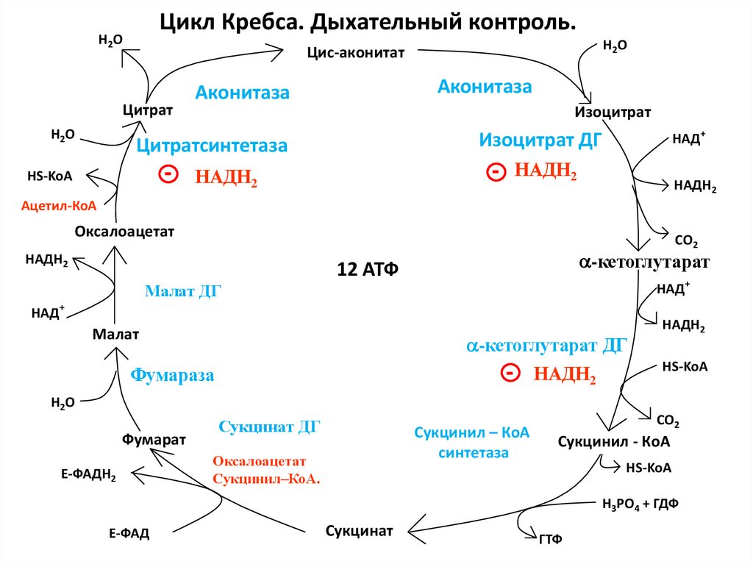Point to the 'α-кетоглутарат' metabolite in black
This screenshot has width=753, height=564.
[x=643, y=263]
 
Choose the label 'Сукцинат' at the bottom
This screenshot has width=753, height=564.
[x=359, y=530]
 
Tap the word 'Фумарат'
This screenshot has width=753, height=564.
[x=154, y=439]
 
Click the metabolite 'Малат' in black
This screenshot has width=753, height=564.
[x=115, y=335]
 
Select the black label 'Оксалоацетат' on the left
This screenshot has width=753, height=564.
[x=124, y=232]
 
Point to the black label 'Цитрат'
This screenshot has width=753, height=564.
[x=147, y=110]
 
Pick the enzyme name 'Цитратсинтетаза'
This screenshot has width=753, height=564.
[x=212, y=146]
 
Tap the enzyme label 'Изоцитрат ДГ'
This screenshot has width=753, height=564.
[x=536, y=140]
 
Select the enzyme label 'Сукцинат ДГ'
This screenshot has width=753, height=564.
[x=270, y=426]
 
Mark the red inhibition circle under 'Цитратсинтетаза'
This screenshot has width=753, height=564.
[x=168, y=174]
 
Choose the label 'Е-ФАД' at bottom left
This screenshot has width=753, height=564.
[x=129, y=534]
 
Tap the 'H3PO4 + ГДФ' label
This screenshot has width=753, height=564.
[x=640, y=504]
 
